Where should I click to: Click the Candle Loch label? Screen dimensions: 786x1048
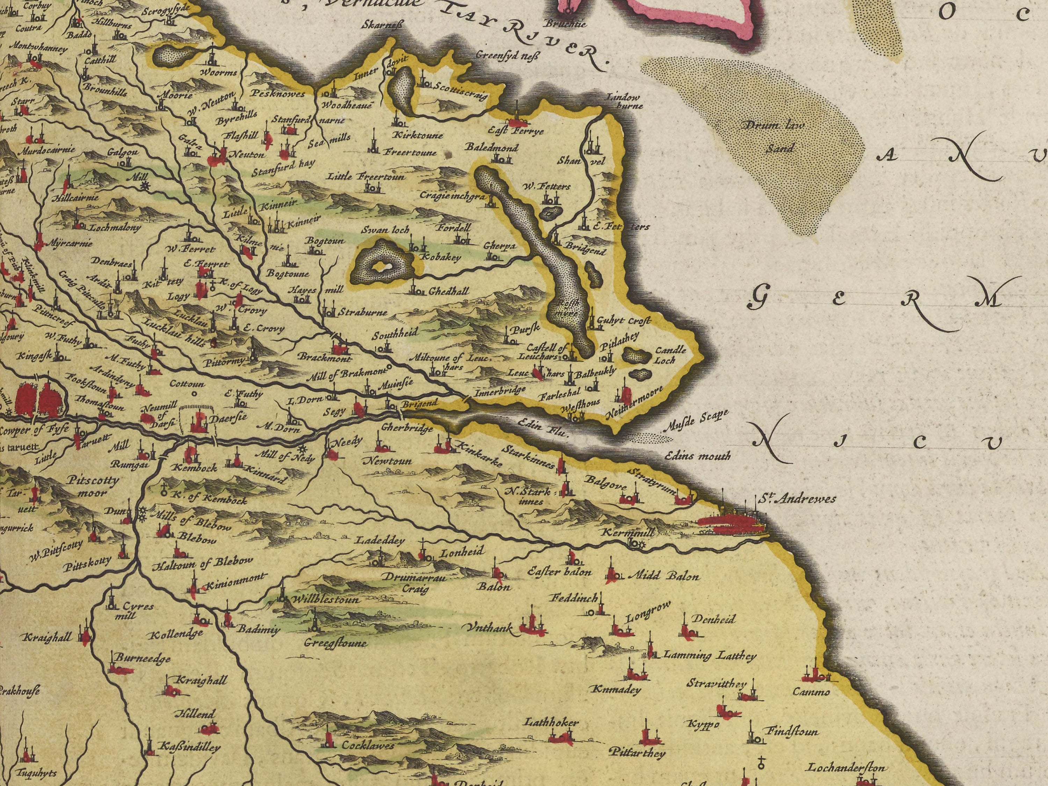pos(670,355)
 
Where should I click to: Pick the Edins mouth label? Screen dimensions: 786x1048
pos(697,456)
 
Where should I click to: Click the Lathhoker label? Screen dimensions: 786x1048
pos(551,723)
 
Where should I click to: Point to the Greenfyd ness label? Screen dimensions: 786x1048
pos(507,56)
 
